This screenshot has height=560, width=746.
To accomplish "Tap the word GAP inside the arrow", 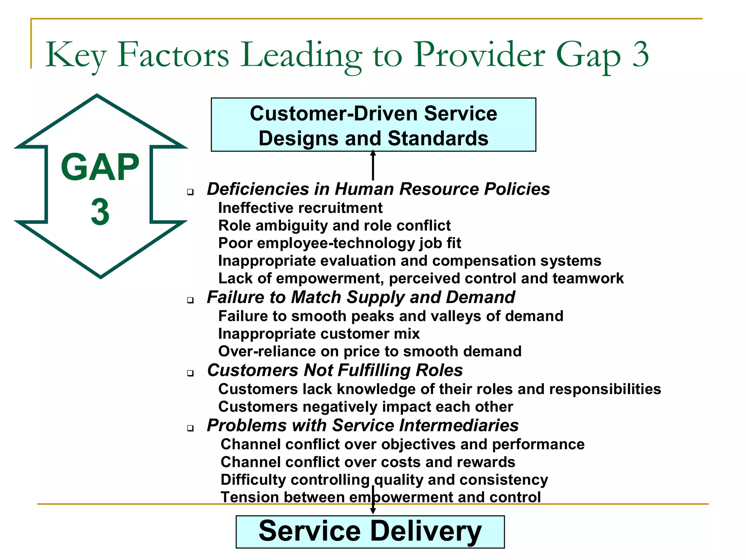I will click(100, 167).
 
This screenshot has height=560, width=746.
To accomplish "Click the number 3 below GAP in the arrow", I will click(100, 212).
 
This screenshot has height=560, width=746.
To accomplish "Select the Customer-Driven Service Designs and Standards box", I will click(373, 125).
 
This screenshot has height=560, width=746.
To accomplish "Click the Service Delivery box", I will click(370, 532).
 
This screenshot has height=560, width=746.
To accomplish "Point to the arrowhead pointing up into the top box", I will click(373, 153).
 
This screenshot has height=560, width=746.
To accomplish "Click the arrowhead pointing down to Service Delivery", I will click(373, 511).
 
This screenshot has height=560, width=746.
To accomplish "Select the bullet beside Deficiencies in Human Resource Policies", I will click(190, 192).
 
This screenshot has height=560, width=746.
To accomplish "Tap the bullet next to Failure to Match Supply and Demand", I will click(190, 300).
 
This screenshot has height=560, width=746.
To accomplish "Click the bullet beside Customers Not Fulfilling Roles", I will click(190, 373).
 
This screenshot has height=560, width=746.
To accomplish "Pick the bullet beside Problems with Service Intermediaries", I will click(190, 428).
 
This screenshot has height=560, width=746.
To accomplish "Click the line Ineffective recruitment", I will click(300, 208).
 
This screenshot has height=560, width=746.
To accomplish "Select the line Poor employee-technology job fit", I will click(339, 243).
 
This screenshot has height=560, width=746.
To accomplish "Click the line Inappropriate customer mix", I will click(319, 334).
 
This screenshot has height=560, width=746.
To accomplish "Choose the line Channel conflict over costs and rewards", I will click(368, 462).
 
